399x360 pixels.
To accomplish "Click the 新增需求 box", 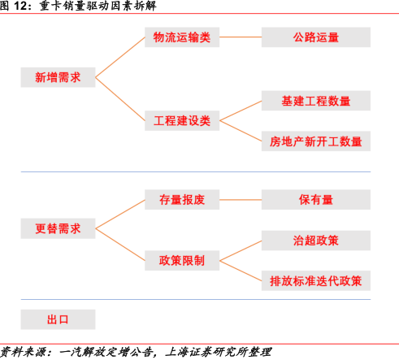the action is coord(58,77).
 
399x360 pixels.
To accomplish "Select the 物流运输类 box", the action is coord(182,37).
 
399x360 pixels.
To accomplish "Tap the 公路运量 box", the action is coord(316,37).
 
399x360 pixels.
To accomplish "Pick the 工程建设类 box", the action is coord(182,120).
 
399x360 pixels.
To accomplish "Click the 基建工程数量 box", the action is coord(316,101).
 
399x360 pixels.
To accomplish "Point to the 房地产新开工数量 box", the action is coord(316,141).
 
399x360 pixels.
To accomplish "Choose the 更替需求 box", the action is coord(58,228).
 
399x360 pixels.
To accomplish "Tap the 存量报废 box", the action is coord(182,200).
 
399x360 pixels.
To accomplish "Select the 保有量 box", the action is coord(316,200).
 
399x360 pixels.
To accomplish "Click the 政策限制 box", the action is coord(182,261).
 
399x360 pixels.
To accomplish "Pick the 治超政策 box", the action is coord(316,241).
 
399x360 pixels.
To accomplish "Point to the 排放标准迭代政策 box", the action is coord(316,280).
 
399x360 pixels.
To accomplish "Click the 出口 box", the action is coord(58,319).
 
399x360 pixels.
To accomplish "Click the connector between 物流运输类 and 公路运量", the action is coord(241,37).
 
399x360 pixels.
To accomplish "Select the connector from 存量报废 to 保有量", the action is coord(241,200).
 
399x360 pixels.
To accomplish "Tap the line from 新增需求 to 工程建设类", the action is coord(120,99).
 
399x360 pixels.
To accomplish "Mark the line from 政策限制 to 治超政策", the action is coord(241,250).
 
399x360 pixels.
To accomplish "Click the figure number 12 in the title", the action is coord(20,6).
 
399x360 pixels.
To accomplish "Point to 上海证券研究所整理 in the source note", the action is coord(218,352).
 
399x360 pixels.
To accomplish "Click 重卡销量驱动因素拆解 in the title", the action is coord(98,6).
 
